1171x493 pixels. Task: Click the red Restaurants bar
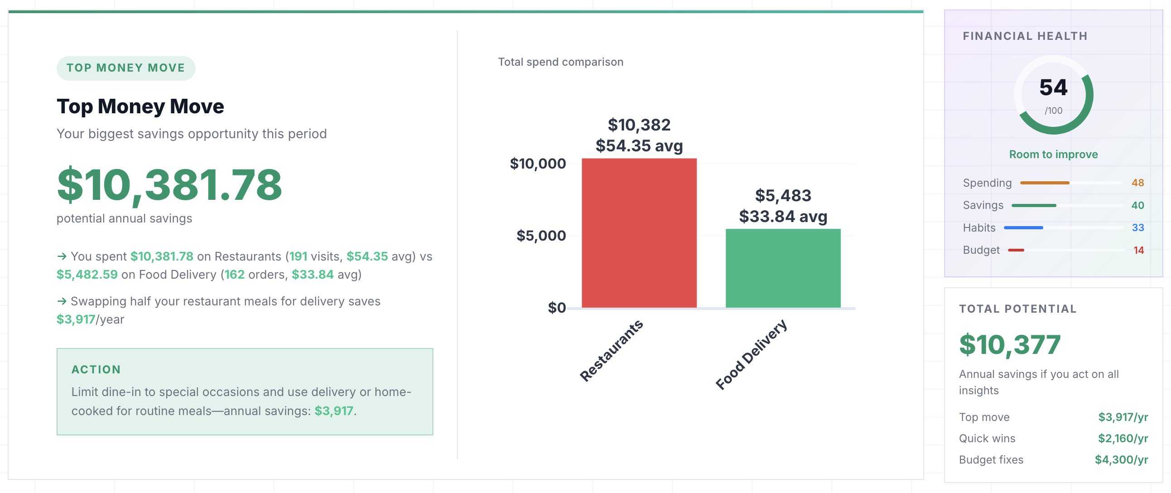point(638,233)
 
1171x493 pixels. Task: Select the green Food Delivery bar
point(782,268)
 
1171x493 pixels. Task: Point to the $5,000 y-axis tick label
point(541,236)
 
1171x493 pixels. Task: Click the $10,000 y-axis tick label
point(538,164)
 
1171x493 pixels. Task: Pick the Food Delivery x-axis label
point(750,354)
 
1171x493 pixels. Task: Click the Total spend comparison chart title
point(560,62)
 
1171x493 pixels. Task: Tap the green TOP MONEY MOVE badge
point(126,68)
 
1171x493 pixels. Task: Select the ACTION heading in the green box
point(96,369)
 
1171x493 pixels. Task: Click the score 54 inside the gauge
point(1053,88)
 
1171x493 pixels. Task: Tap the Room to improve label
point(1053,155)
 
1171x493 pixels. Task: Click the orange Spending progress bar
point(1044,183)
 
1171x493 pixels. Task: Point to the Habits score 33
point(1137,227)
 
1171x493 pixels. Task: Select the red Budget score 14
point(1138,250)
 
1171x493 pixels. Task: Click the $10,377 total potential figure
point(1009,344)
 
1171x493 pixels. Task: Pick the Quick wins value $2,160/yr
point(1123,439)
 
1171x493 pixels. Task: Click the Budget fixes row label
point(990,460)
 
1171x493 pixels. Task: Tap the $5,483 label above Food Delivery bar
point(783,196)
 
